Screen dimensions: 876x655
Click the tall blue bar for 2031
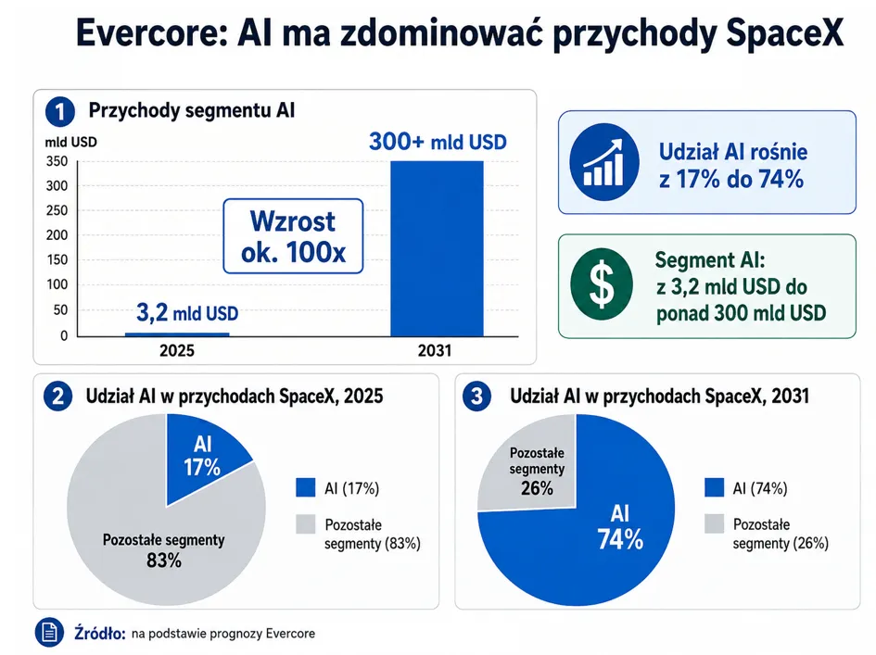437,248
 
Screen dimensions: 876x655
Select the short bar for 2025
177,334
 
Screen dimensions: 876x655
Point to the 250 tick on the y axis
57,210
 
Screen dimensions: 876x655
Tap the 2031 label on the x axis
435,351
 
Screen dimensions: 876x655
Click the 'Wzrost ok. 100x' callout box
293,236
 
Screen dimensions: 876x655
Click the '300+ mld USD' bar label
438,142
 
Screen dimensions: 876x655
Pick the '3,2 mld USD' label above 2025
187,313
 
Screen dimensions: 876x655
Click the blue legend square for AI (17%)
306,487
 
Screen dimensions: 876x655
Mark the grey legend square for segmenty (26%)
714,523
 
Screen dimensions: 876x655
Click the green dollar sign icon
602,284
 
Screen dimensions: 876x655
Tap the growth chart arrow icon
604,162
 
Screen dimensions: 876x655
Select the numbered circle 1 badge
59,111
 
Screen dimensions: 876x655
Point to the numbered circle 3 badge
476,397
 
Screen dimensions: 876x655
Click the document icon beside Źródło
49,633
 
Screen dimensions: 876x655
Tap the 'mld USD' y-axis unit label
71,143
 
